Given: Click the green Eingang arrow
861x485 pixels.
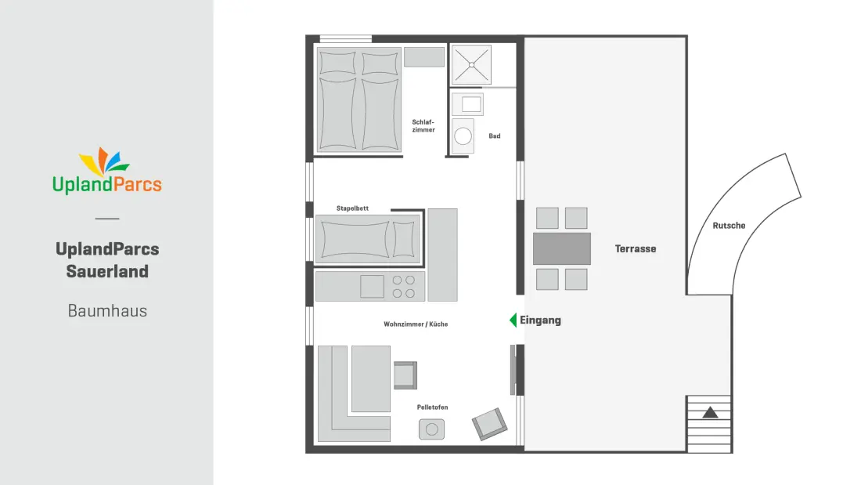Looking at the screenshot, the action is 513,320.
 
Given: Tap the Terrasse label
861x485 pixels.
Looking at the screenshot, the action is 636,248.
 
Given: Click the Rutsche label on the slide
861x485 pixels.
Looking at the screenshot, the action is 729,226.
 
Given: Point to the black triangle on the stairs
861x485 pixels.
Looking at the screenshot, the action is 710,412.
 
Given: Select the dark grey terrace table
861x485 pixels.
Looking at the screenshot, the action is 562,248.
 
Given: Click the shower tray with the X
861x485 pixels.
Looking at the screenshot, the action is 471,65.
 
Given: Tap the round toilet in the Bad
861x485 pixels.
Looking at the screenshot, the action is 463,136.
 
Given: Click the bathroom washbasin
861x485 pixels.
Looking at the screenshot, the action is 467,104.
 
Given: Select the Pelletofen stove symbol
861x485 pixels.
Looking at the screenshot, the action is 431,429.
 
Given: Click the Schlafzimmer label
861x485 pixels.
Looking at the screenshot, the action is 423,126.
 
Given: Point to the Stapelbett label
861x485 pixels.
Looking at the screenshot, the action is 352,208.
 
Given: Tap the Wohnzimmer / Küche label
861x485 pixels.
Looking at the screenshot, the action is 416,324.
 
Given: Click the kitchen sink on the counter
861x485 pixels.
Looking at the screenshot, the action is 372,287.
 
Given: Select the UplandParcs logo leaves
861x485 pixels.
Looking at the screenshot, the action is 104,161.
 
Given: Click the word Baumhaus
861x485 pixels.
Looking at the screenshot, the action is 108,311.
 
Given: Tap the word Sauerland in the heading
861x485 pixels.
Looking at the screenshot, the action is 108,271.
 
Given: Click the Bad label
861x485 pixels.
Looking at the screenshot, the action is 495,136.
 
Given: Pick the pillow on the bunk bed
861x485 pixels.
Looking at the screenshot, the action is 404,240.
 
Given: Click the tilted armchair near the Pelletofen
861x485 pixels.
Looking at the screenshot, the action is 489,424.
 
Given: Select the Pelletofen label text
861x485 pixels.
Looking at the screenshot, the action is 432,407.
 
